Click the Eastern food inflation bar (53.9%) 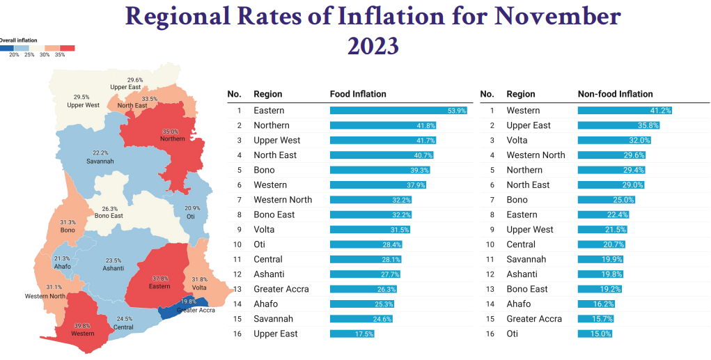pos(398,111)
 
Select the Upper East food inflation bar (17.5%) pos(352,334)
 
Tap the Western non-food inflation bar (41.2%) pos(625,111)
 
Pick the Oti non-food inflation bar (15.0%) pos(595,334)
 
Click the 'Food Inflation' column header pos(358,94)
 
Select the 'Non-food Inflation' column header pos(616,94)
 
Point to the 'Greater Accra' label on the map pos(197,310)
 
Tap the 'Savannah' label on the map pos(100,161)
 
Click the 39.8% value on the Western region pos(82,325)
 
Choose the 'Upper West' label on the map pos(83,105)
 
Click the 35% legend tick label pos(60,54)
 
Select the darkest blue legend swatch pos(7,48)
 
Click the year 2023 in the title pos(373,46)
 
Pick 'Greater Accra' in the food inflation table pos(281,289)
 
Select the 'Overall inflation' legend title pos(19,40)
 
